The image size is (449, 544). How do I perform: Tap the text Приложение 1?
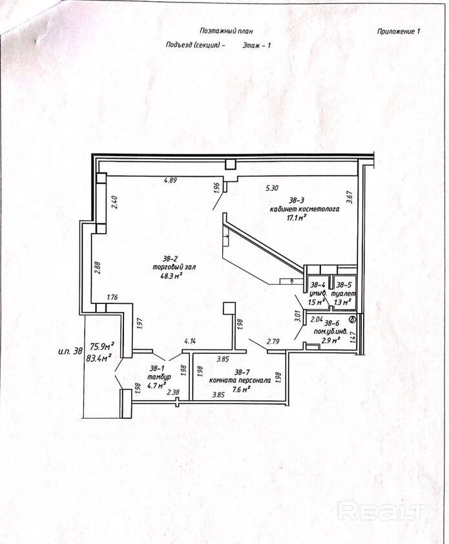point(399,31)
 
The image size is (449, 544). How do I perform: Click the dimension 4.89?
point(171,180)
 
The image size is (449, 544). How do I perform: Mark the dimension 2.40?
point(114,203)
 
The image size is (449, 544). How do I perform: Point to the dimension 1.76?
point(111,298)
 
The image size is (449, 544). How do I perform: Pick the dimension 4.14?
point(190,341)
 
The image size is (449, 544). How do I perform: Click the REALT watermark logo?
point(381,512)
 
